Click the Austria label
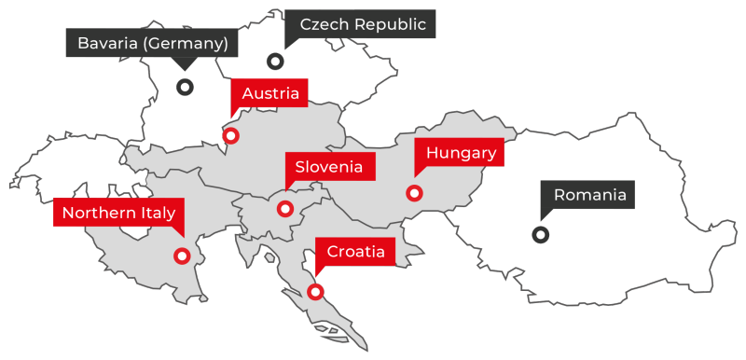coord(269,93)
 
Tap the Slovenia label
coord(328,167)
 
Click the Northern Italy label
coord(118,214)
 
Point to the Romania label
coord(588,195)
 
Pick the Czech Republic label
coord(362,25)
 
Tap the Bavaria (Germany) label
coord(152,43)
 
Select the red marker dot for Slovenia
coord(285,209)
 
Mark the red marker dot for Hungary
coord(414,194)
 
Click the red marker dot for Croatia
coord(315,292)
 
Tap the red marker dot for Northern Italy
coord(183,256)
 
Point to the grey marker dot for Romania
coord(540,235)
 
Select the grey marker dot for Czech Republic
coord(275,62)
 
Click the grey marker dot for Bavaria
coord(185,87)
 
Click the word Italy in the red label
coord(156,214)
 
